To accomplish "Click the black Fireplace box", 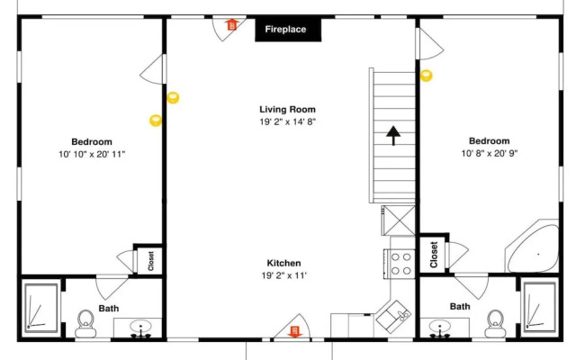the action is click(288, 30).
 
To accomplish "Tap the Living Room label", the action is click(288, 110).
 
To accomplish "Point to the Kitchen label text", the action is click(284, 263).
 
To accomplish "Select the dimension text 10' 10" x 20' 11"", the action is click(92, 154).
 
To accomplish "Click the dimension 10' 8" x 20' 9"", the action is click(490, 154).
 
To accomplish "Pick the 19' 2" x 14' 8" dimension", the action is click(288, 121).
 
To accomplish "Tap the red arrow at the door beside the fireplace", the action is click(231, 24).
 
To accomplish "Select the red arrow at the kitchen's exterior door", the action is click(294, 331).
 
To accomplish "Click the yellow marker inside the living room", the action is click(173, 98).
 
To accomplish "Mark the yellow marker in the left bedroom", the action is click(156, 121).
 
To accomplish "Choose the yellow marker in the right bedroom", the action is click(426, 76).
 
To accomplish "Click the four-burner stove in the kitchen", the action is click(400, 264).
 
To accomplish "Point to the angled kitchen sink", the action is click(393, 317).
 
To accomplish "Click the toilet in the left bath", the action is click(86, 324).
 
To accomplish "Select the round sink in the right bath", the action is click(440, 327).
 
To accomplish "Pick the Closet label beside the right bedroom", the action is click(434, 254).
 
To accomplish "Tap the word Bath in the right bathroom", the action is click(460, 306).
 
